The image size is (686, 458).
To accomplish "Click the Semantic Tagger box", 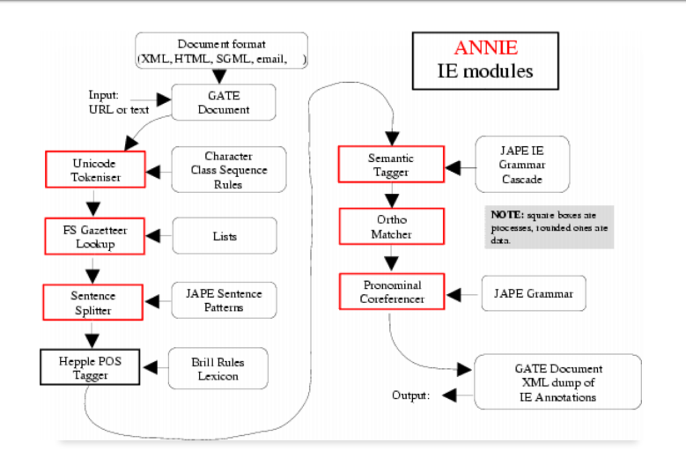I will [391, 165].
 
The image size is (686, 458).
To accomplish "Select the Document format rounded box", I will [221, 51].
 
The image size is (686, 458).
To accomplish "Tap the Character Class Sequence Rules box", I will [229, 170].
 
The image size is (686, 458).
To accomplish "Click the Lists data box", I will [225, 236].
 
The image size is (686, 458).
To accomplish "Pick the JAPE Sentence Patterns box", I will [225, 301].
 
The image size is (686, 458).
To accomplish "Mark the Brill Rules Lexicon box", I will [218, 368].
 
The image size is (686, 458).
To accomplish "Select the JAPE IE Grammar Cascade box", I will [522, 165].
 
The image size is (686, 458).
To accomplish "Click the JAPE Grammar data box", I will [533, 293].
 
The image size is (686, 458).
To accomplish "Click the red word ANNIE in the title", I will [485, 49].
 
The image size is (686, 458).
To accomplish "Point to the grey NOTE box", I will [549, 226].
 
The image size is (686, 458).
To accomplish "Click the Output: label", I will [410, 395].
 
